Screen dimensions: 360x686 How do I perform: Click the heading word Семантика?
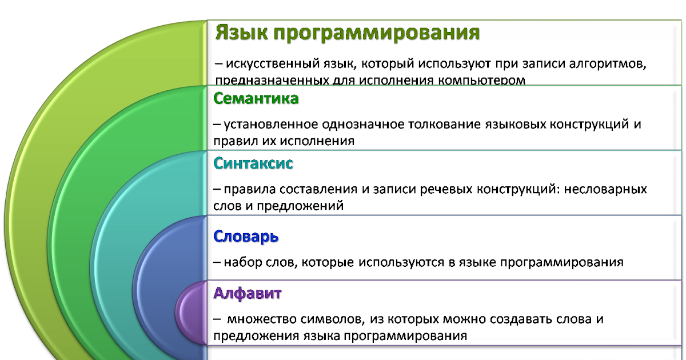pyautogui.click(x=256, y=99)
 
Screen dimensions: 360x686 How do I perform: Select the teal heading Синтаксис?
pyautogui.click(x=253, y=164)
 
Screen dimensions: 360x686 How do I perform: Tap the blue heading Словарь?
pyautogui.click(x=246, y=237)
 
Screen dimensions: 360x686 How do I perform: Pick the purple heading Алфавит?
pyautogui.click(x=248, y=294)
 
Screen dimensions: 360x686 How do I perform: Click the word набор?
pyautogui.click(x=242, y=263)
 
